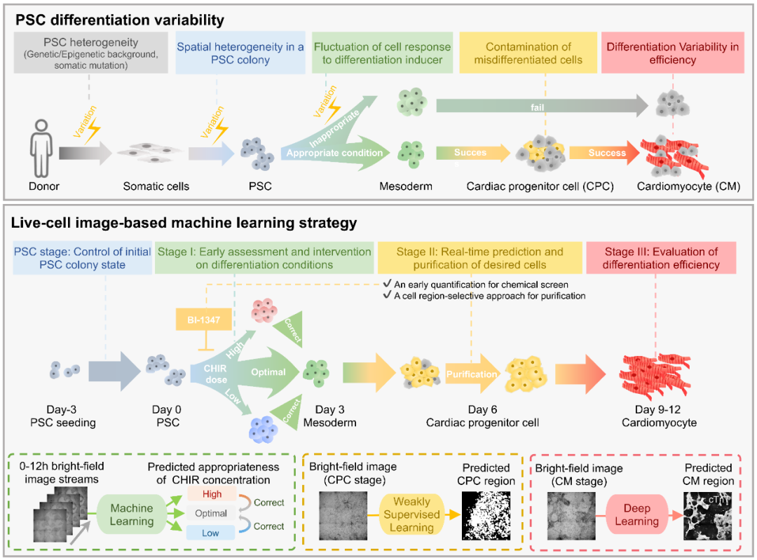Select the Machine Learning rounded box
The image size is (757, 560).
132,514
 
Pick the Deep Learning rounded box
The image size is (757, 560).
637,514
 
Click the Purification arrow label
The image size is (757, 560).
472,374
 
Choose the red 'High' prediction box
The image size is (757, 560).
211,494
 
